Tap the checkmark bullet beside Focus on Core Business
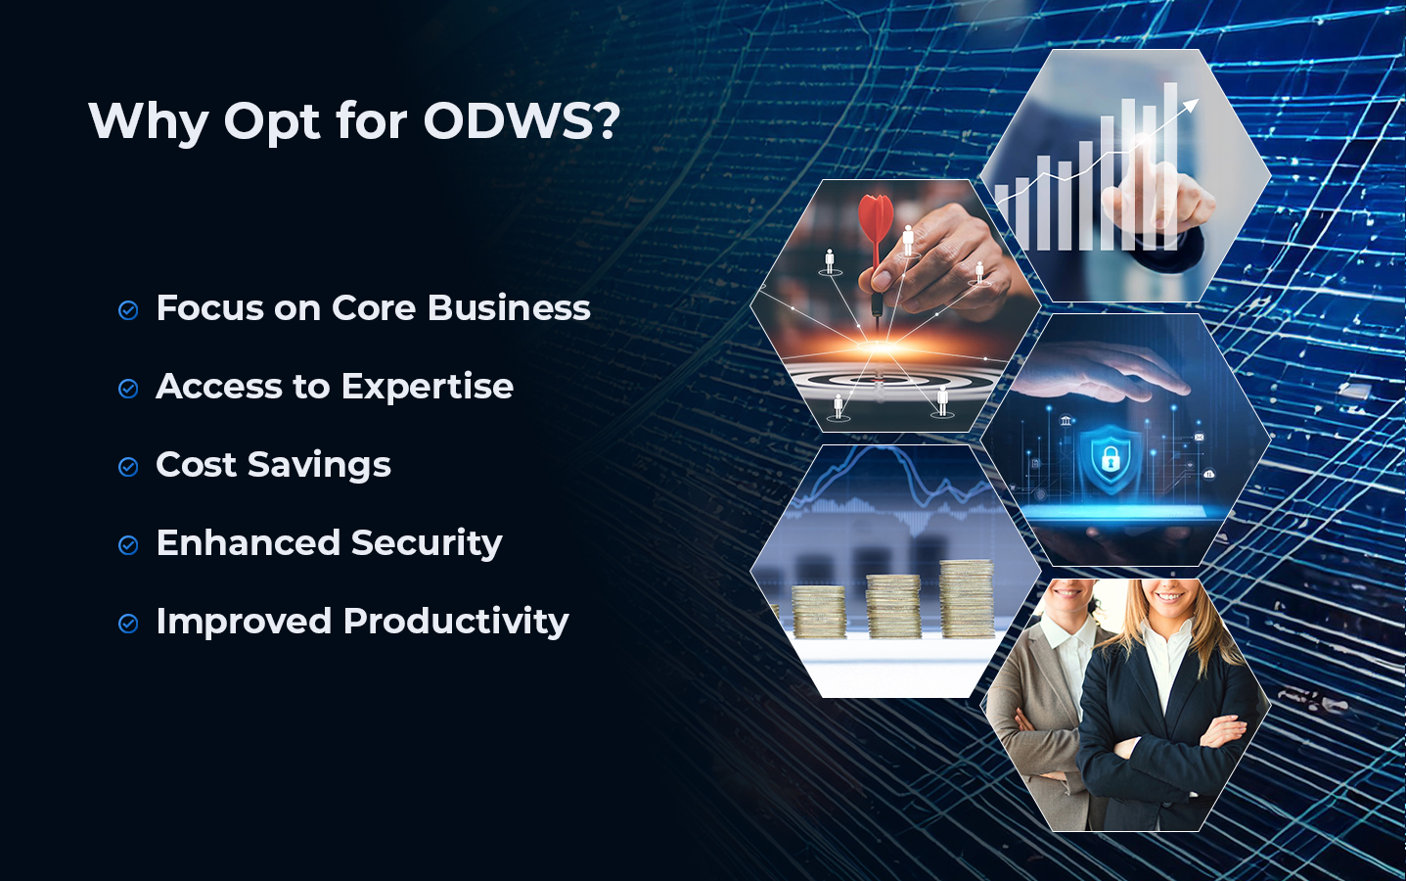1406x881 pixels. [x=128, y=310]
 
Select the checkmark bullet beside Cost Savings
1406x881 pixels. [x=128, y=467]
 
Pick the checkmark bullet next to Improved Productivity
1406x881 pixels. [x=128, y=624]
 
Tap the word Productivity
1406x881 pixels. [x=456, y=622]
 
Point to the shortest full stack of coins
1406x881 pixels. [x=818, y=611]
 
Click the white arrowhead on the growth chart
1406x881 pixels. [x=1190, y=105]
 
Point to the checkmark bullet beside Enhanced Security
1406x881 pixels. [x=128, y=545]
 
